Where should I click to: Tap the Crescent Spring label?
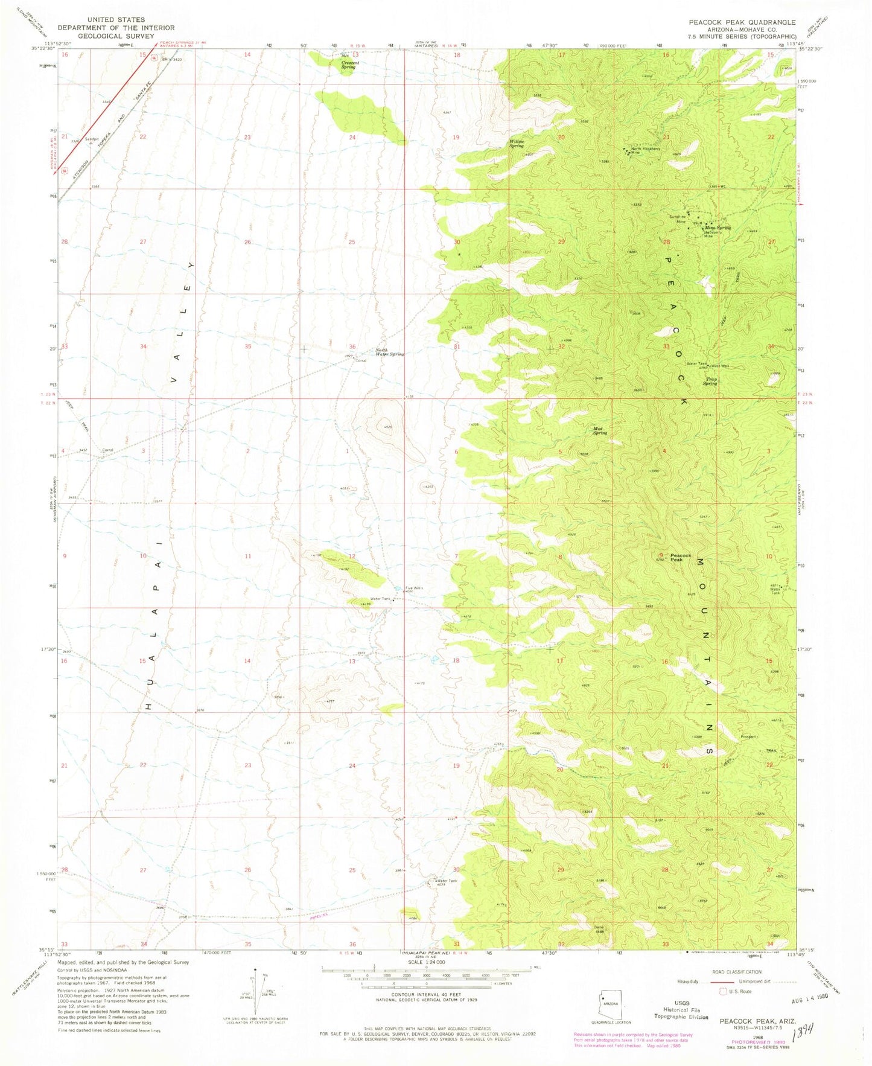pyautogui.click(x=348, y=65)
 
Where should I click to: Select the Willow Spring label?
pyautogui.click(x=517, y=144)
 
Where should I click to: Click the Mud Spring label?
pyautogui.click(x=599, y=432)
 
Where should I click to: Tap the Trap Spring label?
pyautogui.click(x=710, y=381)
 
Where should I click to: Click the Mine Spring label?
pyautogui.click(x=721, y=228)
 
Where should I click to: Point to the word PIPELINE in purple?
pyautogui.click(x=321, y=916)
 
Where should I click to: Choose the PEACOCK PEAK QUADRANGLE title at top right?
pyautogui.click(x=742, y=22)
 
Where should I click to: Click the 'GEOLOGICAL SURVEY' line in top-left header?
pyautogui.click(x=116, y=36)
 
